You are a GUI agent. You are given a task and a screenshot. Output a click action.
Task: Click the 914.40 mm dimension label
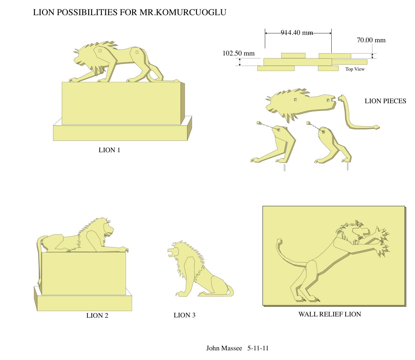pyautogui.click(x=297, y=33)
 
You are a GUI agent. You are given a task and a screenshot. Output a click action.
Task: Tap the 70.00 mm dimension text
pyautogui.click(x=371, y=40)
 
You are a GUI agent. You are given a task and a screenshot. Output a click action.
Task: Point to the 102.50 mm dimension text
pyautogui.click(x=239, y=53)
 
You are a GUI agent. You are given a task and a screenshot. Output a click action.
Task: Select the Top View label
pyautogui.click(x=355, y=69)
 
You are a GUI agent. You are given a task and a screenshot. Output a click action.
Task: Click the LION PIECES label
pyautogui.click(x=385, y=101)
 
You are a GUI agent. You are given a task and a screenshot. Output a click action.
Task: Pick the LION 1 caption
pyautogui.click(x=109, y=150)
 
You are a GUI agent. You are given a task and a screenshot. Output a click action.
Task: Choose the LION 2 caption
pyautogui.click(x=97, y=315)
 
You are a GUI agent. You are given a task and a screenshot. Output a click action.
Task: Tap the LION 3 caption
pyautogui.click(x=184, y=315)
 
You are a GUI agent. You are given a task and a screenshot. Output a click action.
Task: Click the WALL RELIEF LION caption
pyautogui.click(x=330, y=314)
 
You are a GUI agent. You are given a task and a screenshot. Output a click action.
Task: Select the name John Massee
pyautogui.click(x=224, y=348)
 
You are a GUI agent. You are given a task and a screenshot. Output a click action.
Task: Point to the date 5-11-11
pyautogui.click(x=258, y=348)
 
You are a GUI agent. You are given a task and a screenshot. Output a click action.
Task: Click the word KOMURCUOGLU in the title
pyautogui.click(x=191, y=12)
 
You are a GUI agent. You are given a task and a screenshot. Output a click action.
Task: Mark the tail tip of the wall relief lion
pyautogui.click(x=279, y=240)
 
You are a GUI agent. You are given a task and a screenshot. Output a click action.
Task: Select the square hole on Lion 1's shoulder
pyautogui.click(x=100, y=51)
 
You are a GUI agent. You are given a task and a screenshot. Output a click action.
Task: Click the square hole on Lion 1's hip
pyautogui.click(x=137, y=52)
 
